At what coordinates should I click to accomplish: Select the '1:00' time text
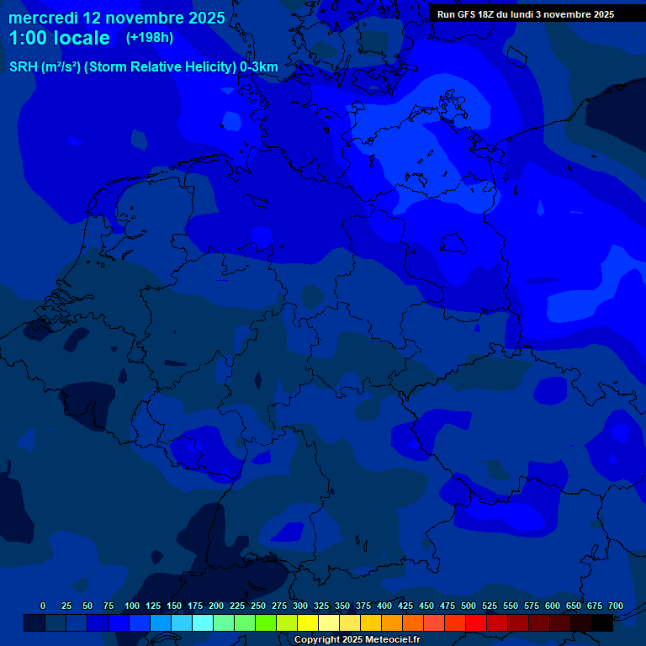28,38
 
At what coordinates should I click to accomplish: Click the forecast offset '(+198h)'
150,38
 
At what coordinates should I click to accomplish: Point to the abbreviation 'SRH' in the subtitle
24,67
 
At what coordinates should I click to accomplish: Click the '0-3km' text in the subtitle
259,67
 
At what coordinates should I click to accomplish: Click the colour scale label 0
43,606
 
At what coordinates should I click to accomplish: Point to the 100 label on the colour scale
132,606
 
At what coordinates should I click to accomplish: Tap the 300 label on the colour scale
300,606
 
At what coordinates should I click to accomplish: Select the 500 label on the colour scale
469,606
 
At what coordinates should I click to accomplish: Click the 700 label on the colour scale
616,606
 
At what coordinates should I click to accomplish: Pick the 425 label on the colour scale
405,606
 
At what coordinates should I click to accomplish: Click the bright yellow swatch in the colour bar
308,623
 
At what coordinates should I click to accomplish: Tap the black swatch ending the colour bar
602,623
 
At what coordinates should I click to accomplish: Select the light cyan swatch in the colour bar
203,623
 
